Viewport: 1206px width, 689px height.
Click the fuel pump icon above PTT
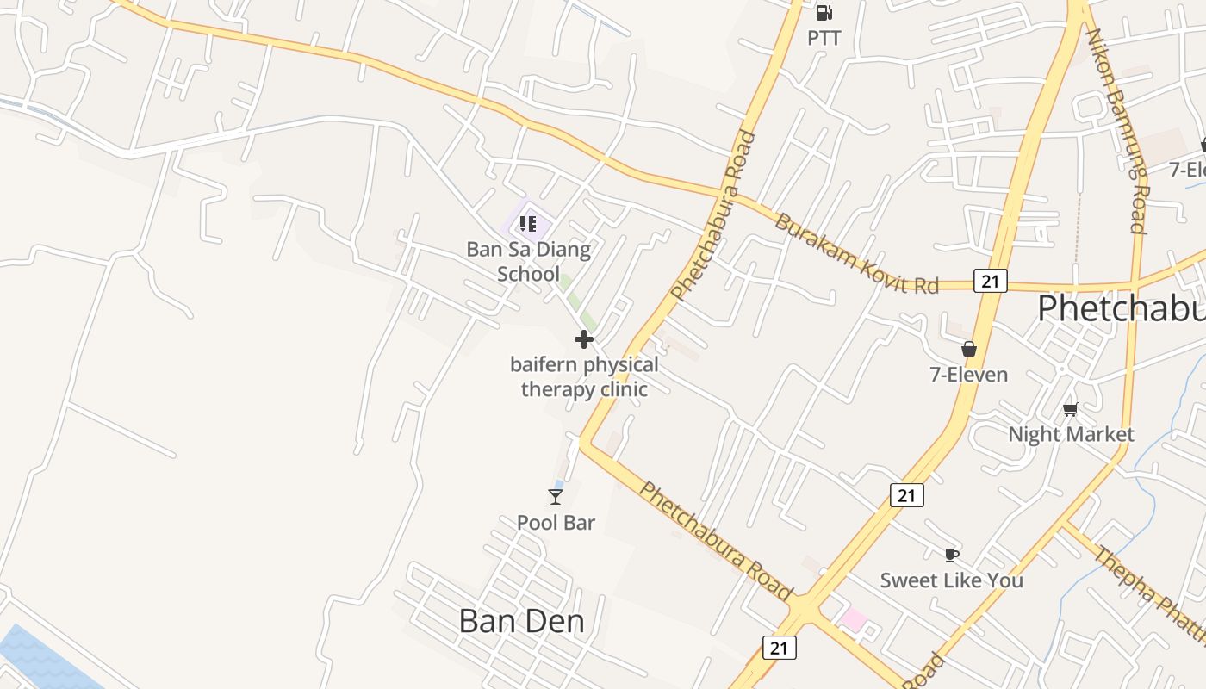click(824, 13)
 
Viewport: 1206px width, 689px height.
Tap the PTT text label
click(824, 38)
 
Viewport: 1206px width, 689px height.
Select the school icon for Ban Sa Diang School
click(527, 225)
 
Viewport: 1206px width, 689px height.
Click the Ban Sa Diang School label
click(528, 262)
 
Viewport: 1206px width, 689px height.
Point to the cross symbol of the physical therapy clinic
click(584, 339)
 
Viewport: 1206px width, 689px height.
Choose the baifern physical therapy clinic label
click(584, 376)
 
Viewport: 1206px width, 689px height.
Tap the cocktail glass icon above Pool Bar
click(556, 496)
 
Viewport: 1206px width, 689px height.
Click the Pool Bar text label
click(556, 522)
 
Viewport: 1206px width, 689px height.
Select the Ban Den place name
click(521, 621)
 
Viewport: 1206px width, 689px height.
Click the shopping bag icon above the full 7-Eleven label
click(969, 349)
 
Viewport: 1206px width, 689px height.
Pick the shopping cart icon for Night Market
click(1070, 409)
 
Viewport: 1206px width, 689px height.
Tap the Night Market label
click(1071, 434)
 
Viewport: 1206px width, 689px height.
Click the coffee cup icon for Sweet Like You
click(951, 555)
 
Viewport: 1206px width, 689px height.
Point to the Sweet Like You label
click(951, 580)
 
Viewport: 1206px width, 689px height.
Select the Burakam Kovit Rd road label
click(855, 253)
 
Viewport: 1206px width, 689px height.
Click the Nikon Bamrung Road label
click(1116, 129)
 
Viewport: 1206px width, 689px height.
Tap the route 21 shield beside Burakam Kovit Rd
click(991, 280)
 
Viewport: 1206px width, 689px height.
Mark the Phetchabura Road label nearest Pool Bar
click(715, 540)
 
